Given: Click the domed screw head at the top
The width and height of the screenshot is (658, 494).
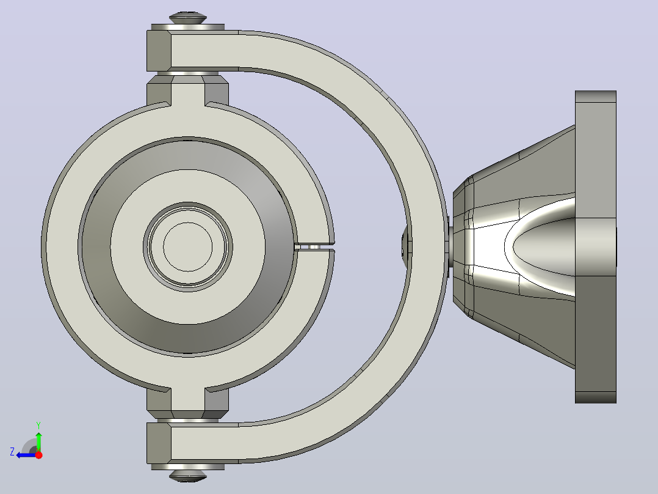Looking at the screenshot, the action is (187, 18).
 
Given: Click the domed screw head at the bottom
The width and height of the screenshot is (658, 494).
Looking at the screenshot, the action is (187, 476).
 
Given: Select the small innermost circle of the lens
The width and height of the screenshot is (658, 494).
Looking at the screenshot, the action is (187, 247).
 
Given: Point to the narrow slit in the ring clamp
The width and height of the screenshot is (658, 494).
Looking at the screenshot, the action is (315, 247).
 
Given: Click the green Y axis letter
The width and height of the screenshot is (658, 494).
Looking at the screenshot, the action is (38, 425).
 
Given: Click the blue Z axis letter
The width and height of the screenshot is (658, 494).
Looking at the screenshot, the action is (12, 452).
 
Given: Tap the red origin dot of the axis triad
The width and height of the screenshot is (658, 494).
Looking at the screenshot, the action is (38, 455).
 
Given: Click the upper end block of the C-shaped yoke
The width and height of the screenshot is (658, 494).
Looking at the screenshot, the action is (159, 51).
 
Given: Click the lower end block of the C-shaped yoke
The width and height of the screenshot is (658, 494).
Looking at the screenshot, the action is (159, 443).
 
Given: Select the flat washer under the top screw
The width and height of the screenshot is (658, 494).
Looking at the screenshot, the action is (187, 27).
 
